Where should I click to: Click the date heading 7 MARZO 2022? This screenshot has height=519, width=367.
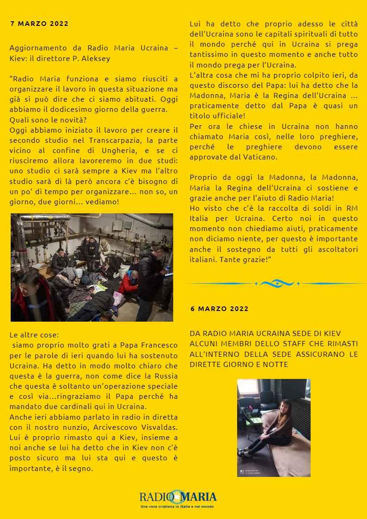[x=39, y=24]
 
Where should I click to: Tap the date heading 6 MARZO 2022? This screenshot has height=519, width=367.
[x=220, y=309]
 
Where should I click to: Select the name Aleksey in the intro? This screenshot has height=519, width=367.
[x=98, y=59]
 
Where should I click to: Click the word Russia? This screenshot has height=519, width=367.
[x=165, y=377]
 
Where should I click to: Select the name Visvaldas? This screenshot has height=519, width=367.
[x=155, y=427]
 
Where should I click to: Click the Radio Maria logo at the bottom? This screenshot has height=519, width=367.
[x=178, y=497]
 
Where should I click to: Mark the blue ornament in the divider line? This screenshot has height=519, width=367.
[x=276, y=283]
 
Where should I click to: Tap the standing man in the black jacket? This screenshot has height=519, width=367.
[x=153, y=277]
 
